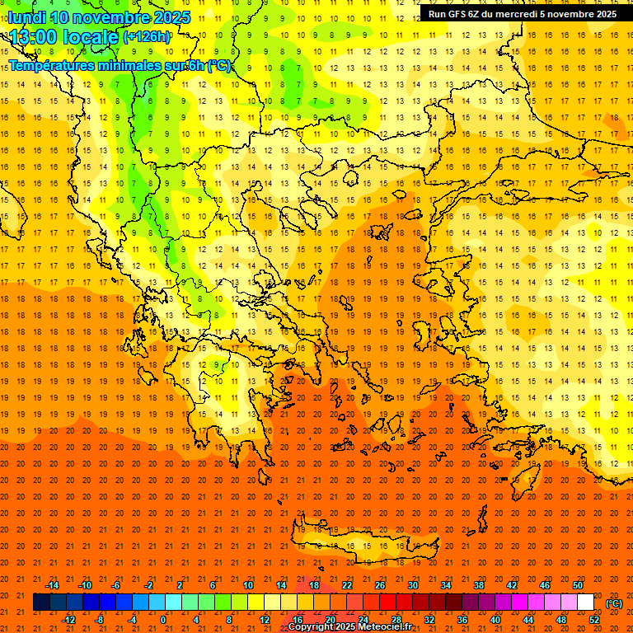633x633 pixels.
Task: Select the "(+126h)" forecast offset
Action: point(147,37)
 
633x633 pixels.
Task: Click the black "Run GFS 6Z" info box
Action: point(523,13)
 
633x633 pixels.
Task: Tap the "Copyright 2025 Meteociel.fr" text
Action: point(349,626)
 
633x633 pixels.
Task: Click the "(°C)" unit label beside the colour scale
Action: point(613,603)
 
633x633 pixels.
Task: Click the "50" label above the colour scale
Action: point(578,585)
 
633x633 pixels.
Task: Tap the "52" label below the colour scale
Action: point(594,620)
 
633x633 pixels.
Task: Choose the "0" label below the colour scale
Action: point(163,620)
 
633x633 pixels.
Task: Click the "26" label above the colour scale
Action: point(380,585)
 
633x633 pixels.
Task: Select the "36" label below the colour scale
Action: point(462,620)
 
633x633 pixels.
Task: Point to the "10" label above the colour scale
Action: point(248,585)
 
